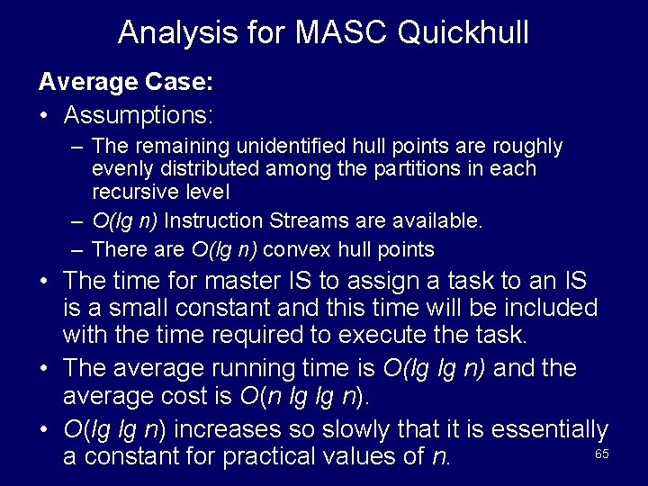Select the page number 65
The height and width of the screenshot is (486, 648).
point(602,454)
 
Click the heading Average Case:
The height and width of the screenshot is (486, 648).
point(126,82)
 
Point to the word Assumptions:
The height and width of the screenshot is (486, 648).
point(139,115)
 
